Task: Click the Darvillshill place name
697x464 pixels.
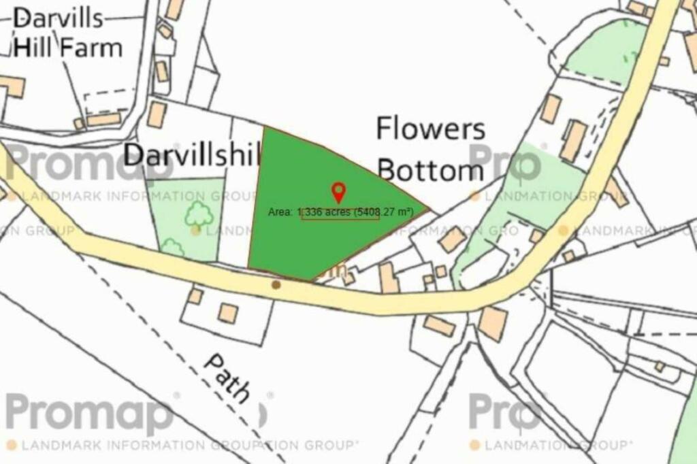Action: tap(193, 155)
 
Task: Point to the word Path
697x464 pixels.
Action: tap(227, 378)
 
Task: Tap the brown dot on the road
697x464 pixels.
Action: tap(276, 284)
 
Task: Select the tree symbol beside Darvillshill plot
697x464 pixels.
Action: tap(199, 213)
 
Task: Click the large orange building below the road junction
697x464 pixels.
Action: tap(493, 324)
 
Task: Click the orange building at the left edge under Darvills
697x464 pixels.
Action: tap(12, 86)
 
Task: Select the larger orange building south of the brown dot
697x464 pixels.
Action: tap(228, 313)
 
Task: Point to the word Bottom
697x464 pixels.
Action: tap(430, 169)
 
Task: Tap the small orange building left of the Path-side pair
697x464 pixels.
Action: tap(195, 296)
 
